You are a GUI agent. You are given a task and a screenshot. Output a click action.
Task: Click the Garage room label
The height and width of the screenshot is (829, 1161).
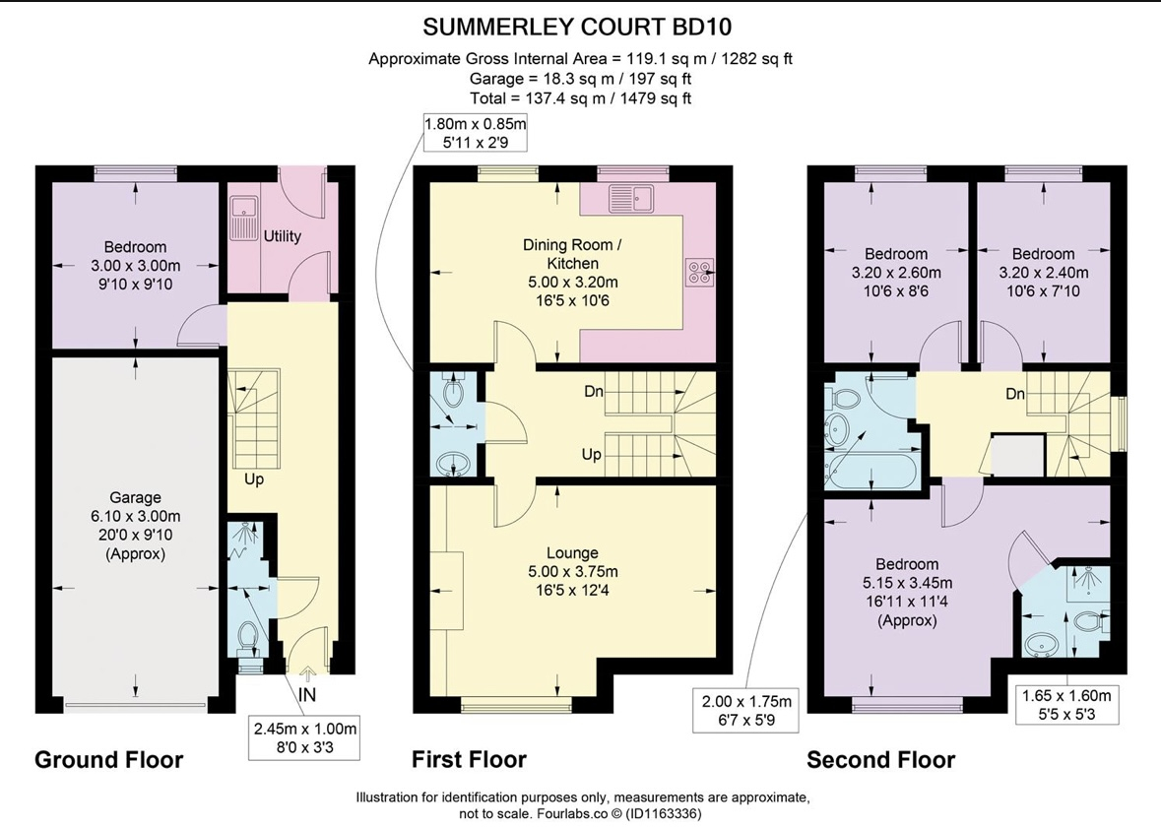click(x=136, y=497)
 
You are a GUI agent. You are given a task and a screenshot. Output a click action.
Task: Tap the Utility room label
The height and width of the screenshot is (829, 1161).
click(x=282, y=236)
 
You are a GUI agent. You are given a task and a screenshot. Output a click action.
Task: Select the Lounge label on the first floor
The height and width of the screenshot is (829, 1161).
click(x=572, y=553)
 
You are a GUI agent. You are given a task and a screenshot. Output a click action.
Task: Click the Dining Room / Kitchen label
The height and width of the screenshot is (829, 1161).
click(x=572, y=254)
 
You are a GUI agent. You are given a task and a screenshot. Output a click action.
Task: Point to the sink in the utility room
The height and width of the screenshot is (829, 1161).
click(x=242, y=217)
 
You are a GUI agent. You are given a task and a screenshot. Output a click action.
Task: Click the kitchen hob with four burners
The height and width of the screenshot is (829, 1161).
click(x=700, y=272)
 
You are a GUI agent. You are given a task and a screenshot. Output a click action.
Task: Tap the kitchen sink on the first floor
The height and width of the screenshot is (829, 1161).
click(x=631, y=198)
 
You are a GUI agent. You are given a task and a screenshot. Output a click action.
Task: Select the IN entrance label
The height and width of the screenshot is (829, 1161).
click(x=307, y=695)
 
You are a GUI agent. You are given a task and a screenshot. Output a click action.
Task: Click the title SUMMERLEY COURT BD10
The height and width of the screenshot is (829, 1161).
click(x=577, y=28)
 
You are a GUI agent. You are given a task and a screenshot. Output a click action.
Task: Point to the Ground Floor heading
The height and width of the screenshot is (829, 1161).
click(x=109, y=759)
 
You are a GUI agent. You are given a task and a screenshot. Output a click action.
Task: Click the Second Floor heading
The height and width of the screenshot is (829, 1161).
click(x=881, y=759)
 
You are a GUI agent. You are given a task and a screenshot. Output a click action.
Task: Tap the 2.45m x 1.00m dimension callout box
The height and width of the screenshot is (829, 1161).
click(x=305, y=738)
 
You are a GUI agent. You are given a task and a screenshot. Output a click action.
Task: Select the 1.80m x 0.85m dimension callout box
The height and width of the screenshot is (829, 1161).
click(x=475, y=133)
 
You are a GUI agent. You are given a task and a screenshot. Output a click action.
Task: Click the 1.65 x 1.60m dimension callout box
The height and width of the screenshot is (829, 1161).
click(x=1066, y=705)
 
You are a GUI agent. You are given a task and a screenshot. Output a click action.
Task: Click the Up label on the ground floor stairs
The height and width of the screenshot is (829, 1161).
click(x=254, y=479)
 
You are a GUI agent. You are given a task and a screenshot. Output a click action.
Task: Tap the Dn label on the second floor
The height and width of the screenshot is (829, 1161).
click(x=1015, y=394)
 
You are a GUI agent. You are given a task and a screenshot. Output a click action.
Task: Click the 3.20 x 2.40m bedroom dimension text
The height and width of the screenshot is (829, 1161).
click(x=1044, y=273)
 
